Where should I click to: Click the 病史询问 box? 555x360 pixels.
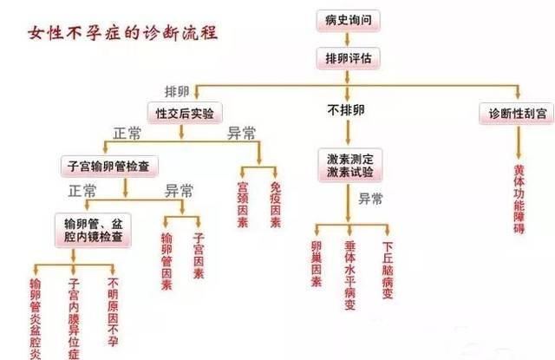348,21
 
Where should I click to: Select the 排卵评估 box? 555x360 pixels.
349,58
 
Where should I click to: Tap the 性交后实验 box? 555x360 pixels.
185,114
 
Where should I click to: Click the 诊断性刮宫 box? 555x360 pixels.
517,114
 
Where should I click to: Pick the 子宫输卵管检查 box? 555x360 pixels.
109,166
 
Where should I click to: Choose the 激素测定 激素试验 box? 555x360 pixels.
349,166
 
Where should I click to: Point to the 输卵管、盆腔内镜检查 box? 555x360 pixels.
93,230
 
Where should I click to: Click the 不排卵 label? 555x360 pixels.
346,110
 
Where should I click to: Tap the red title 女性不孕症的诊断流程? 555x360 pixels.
123,33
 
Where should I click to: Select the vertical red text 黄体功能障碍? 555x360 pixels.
519,199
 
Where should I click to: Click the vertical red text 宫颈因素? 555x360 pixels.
243,204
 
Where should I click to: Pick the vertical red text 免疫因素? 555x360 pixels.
276,204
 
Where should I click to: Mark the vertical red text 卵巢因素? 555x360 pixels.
317,264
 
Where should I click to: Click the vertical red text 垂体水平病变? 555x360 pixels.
349,275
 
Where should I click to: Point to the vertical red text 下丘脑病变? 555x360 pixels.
388,270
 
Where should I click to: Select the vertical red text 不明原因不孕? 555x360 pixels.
113,311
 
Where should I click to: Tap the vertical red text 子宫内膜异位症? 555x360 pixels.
74,318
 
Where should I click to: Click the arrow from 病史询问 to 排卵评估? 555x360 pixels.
347,40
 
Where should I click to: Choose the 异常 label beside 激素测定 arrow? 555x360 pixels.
370,199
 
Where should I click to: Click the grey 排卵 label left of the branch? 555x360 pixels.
177,92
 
